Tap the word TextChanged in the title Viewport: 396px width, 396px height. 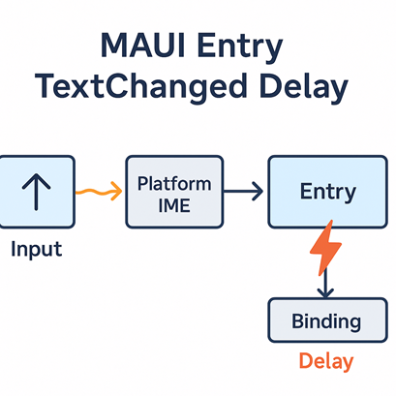pyautogui.click(x=137, y=87)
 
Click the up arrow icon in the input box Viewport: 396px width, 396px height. pyautogui.click(x=36, y=191)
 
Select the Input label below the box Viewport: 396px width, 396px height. pyautogui.click(x=36, y=249)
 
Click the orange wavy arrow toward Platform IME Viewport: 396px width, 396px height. pyautogui.click(x=99, y=192)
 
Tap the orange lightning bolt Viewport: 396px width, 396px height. pyautogui.click(x=325, y=249)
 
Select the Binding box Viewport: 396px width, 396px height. pyautogui.click(x=326, y=320)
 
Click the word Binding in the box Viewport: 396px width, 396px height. pyautogui.click(x=326, y=320)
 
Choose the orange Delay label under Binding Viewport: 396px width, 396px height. pyautogui.click(x=326, y=362)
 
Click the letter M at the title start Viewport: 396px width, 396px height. pyautogui.click(x=114, y=46)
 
